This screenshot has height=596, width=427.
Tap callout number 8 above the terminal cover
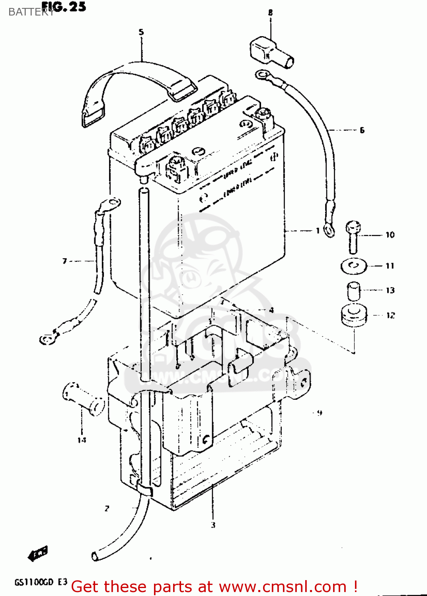pos(270,13)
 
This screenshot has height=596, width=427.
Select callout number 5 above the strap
pos(141,32)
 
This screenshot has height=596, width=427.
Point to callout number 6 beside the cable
pos(362,130)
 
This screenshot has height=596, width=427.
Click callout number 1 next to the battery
pos(318,230)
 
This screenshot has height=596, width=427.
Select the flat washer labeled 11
pos(354,265)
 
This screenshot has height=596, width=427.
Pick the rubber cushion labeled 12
pos(354,315)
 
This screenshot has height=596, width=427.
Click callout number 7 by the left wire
pos(64,261)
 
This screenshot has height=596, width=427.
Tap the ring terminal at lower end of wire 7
pos(48,339)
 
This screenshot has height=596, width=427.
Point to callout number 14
pos(82,440)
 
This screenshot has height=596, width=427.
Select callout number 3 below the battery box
pos(213,525)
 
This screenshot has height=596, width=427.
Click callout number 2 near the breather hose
pos(107,509)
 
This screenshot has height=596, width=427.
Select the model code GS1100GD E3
pos(41,582)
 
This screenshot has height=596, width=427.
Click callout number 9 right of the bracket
pos(320,413)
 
